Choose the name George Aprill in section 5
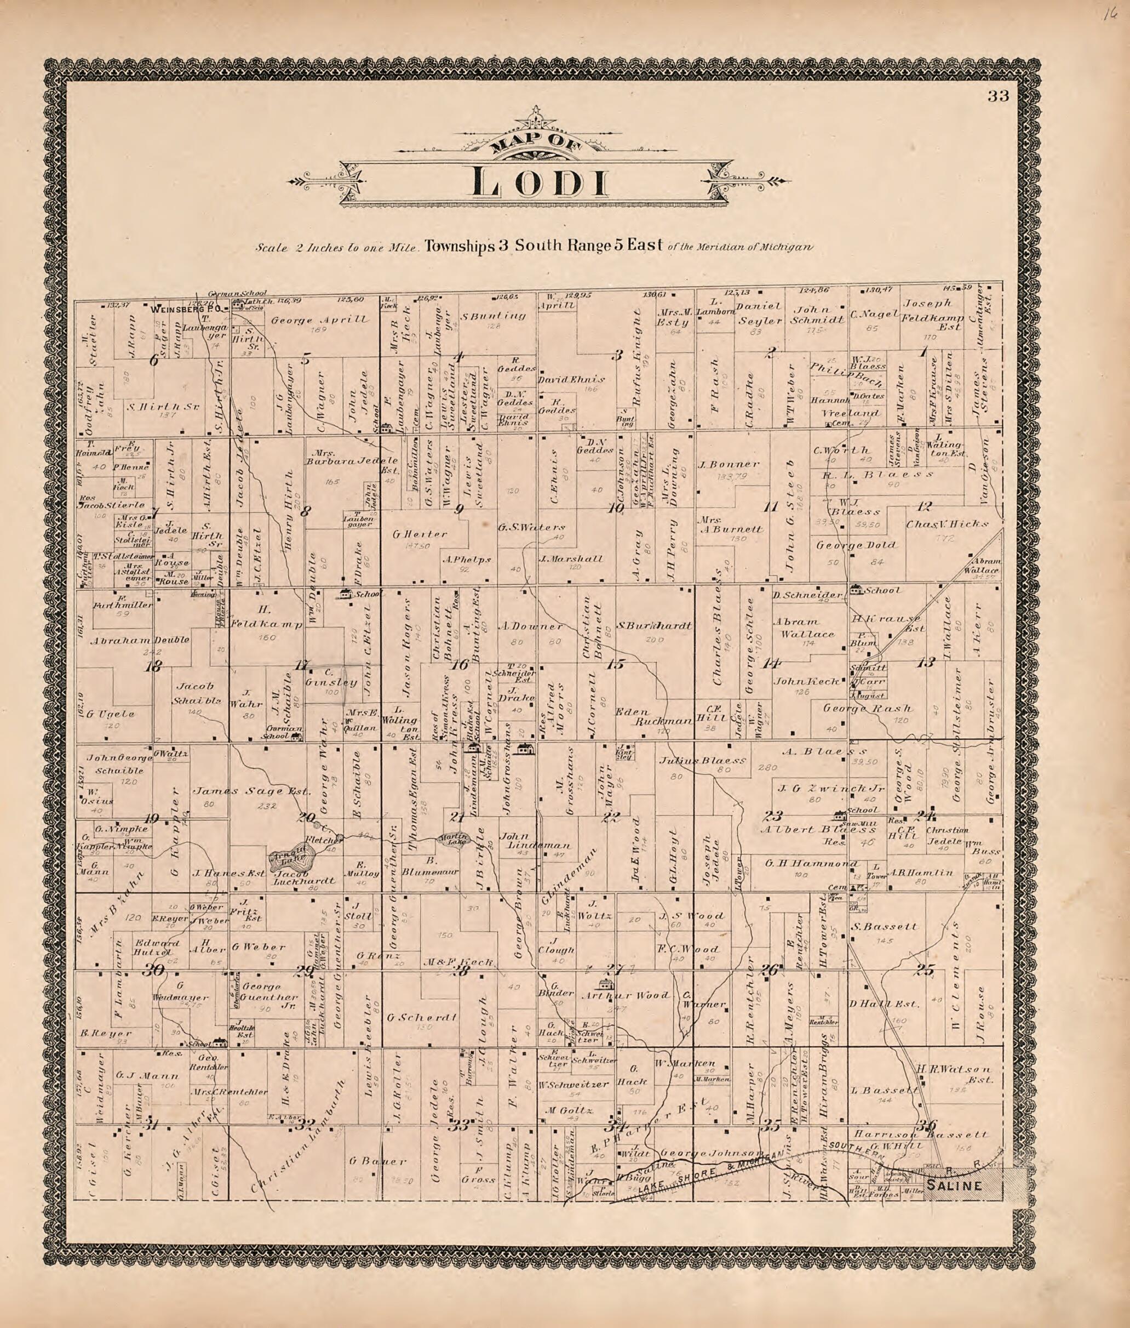tap(319, 319)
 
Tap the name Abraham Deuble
tap(140, 640)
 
